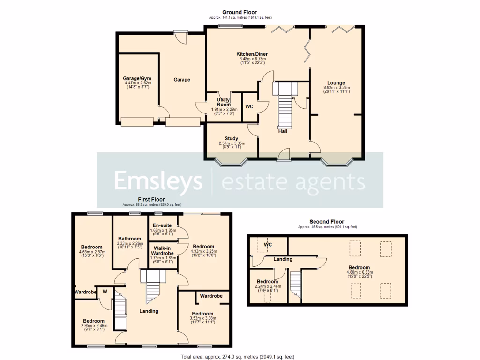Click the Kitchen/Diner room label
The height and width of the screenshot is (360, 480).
[252, 54]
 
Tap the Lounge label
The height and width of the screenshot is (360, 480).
[336, 83]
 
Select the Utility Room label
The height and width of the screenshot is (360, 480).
[223, 102]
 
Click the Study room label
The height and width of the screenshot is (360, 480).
[231, 138]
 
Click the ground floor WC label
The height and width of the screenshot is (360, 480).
[249, 107]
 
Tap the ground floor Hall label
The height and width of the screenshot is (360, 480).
[282, 131]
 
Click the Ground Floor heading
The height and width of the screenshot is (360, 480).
[240, 12]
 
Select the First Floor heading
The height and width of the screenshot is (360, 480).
[151, 200]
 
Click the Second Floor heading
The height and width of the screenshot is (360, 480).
[326, 222]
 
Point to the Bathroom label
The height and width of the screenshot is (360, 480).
[129, 239]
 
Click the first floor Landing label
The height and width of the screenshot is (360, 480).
[149, 311]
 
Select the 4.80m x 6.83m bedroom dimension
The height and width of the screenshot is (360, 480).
[359, 272]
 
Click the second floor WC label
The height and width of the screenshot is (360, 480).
[268, 245]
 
